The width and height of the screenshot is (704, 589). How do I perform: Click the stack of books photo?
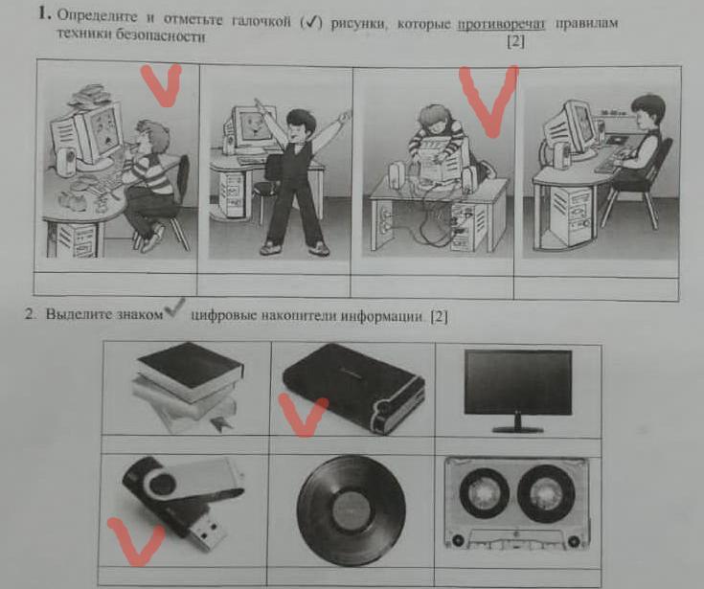pos(189,386)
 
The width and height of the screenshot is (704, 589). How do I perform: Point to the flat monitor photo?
pos(518,391)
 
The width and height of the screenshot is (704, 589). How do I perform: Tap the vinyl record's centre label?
pos(352,510)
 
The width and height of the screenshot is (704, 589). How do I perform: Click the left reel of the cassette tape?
pos(484,493)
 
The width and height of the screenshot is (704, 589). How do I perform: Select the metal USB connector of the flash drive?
pos(207,533)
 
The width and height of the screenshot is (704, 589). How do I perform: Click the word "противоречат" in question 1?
pos(501,24)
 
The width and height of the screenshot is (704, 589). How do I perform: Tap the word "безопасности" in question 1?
pos(160,35)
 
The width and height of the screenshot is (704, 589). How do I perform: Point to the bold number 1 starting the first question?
pos(43,13)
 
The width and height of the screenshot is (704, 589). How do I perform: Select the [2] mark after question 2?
pos(439,317)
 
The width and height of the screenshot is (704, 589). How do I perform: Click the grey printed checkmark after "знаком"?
pos(174,307)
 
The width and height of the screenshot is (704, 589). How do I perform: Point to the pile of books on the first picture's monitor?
pos(91,95)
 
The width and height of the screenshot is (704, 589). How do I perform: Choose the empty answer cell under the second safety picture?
pos(273,284)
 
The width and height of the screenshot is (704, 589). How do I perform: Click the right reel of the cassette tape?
pos(546,490)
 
